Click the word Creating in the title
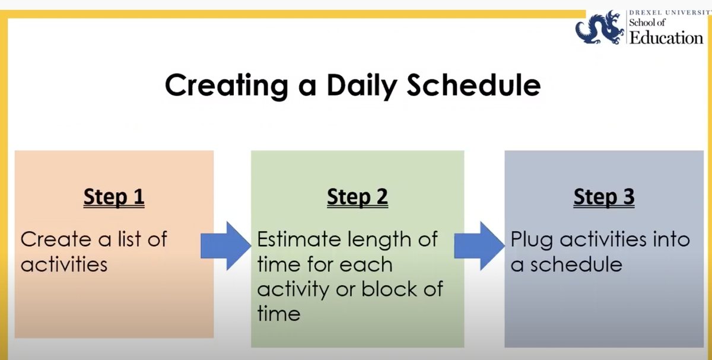[x=227, y=85]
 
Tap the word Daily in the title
[x=362, y=85]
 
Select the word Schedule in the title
[x=474, y=85]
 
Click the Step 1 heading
[x=114, y=197]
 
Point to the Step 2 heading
[x=358, y=197]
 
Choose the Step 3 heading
[x=604, y=197]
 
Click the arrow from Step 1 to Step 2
[x=226, y=246]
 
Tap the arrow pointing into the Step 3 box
[x=479, y=246]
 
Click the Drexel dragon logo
[x=600, y=27]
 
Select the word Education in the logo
[x=666, y=38]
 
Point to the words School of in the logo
[x=647, y=23]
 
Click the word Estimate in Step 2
[x=300, y=239]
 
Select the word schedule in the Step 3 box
[x=576, y=264]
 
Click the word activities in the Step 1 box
[x=64, y=264]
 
